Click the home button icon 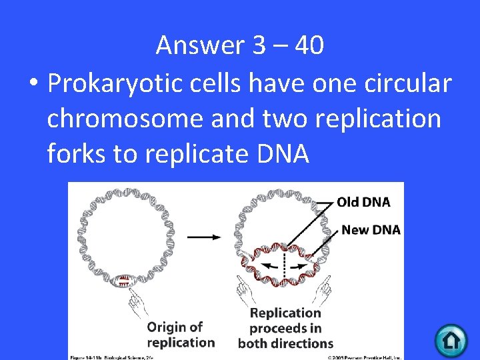point(451,341)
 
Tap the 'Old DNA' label point(363,201)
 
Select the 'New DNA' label point(371,230)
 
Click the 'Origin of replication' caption point(175,335)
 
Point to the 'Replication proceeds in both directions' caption point(285,328)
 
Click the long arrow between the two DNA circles point(205,237)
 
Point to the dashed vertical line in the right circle point(284,263)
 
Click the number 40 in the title point(309,45)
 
